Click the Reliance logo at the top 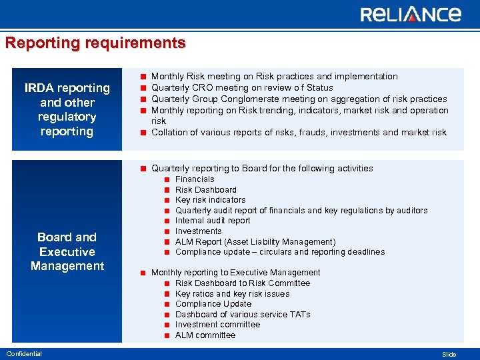pos(410,15)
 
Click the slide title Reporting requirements pos(95,43)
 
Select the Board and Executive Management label pos(67,251)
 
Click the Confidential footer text pos(23,353)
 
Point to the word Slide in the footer pos(449,354)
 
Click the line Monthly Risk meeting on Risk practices pos(274,77)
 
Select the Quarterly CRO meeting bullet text pos(242,88)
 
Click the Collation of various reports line pos(299,132)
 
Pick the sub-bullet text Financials pos(195,179)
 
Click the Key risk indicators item pos(210,200)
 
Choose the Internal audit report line pos(213,221)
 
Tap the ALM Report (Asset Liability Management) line pos(255,241)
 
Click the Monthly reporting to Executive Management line pos(235,273)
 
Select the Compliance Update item pos(213,304)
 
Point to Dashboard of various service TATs pos(243,314)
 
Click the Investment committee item pos(217,325)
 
